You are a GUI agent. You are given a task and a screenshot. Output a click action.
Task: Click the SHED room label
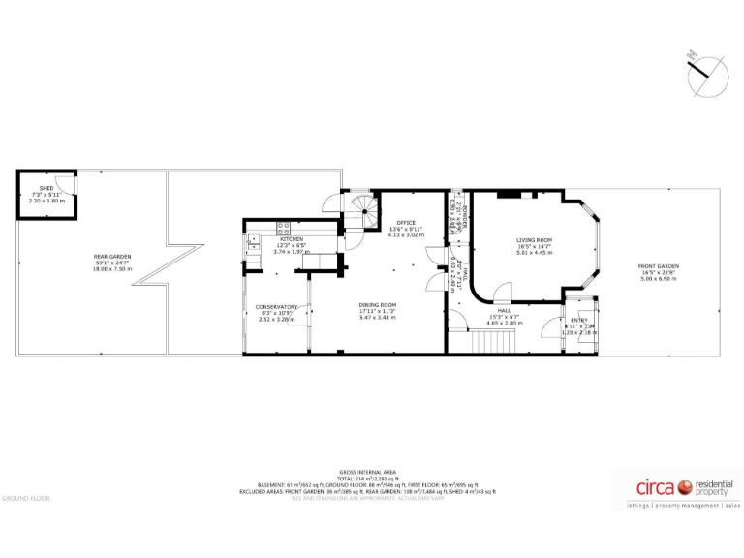(46, 189)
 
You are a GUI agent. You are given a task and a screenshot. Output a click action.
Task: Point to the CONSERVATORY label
(276, 307)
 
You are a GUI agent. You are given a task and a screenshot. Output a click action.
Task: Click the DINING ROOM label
(378, 305)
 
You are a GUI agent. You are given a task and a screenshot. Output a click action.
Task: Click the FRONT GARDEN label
(658, 266)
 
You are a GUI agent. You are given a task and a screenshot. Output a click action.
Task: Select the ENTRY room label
(578, 321)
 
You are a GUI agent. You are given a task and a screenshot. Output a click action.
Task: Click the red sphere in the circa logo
(683, 486)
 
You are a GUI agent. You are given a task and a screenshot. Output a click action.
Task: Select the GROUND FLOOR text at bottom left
(25, 499)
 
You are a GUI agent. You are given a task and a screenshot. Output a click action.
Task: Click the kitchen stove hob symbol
(285, 229)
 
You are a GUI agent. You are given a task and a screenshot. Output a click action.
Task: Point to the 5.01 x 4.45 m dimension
(534, 253)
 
